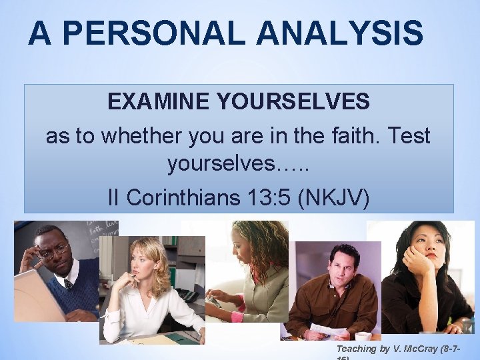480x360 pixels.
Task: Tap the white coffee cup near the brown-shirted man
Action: click(x=364, y=335)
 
